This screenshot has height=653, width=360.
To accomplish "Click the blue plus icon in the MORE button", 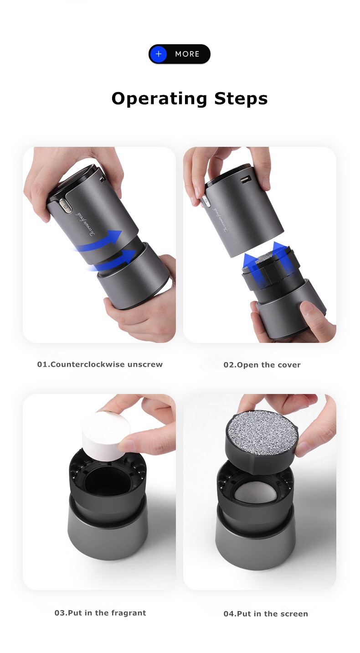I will [x=159, y=54].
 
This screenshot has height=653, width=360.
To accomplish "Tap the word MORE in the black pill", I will [x=187, y=54].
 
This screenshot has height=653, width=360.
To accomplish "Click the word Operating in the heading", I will [x=153, y=99].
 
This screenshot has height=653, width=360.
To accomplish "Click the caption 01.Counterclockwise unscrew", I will [x=100, y=364].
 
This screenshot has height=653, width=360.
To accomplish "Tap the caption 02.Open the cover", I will [x=262, y=365].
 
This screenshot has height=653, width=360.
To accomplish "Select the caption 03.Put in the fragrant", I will [x=100, y=613].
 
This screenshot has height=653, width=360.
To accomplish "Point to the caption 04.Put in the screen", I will [x=266, y=614].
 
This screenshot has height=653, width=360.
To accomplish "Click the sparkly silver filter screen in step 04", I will [x=262, y=431].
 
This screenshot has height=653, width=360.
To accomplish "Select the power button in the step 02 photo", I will [x=205, y=200].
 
